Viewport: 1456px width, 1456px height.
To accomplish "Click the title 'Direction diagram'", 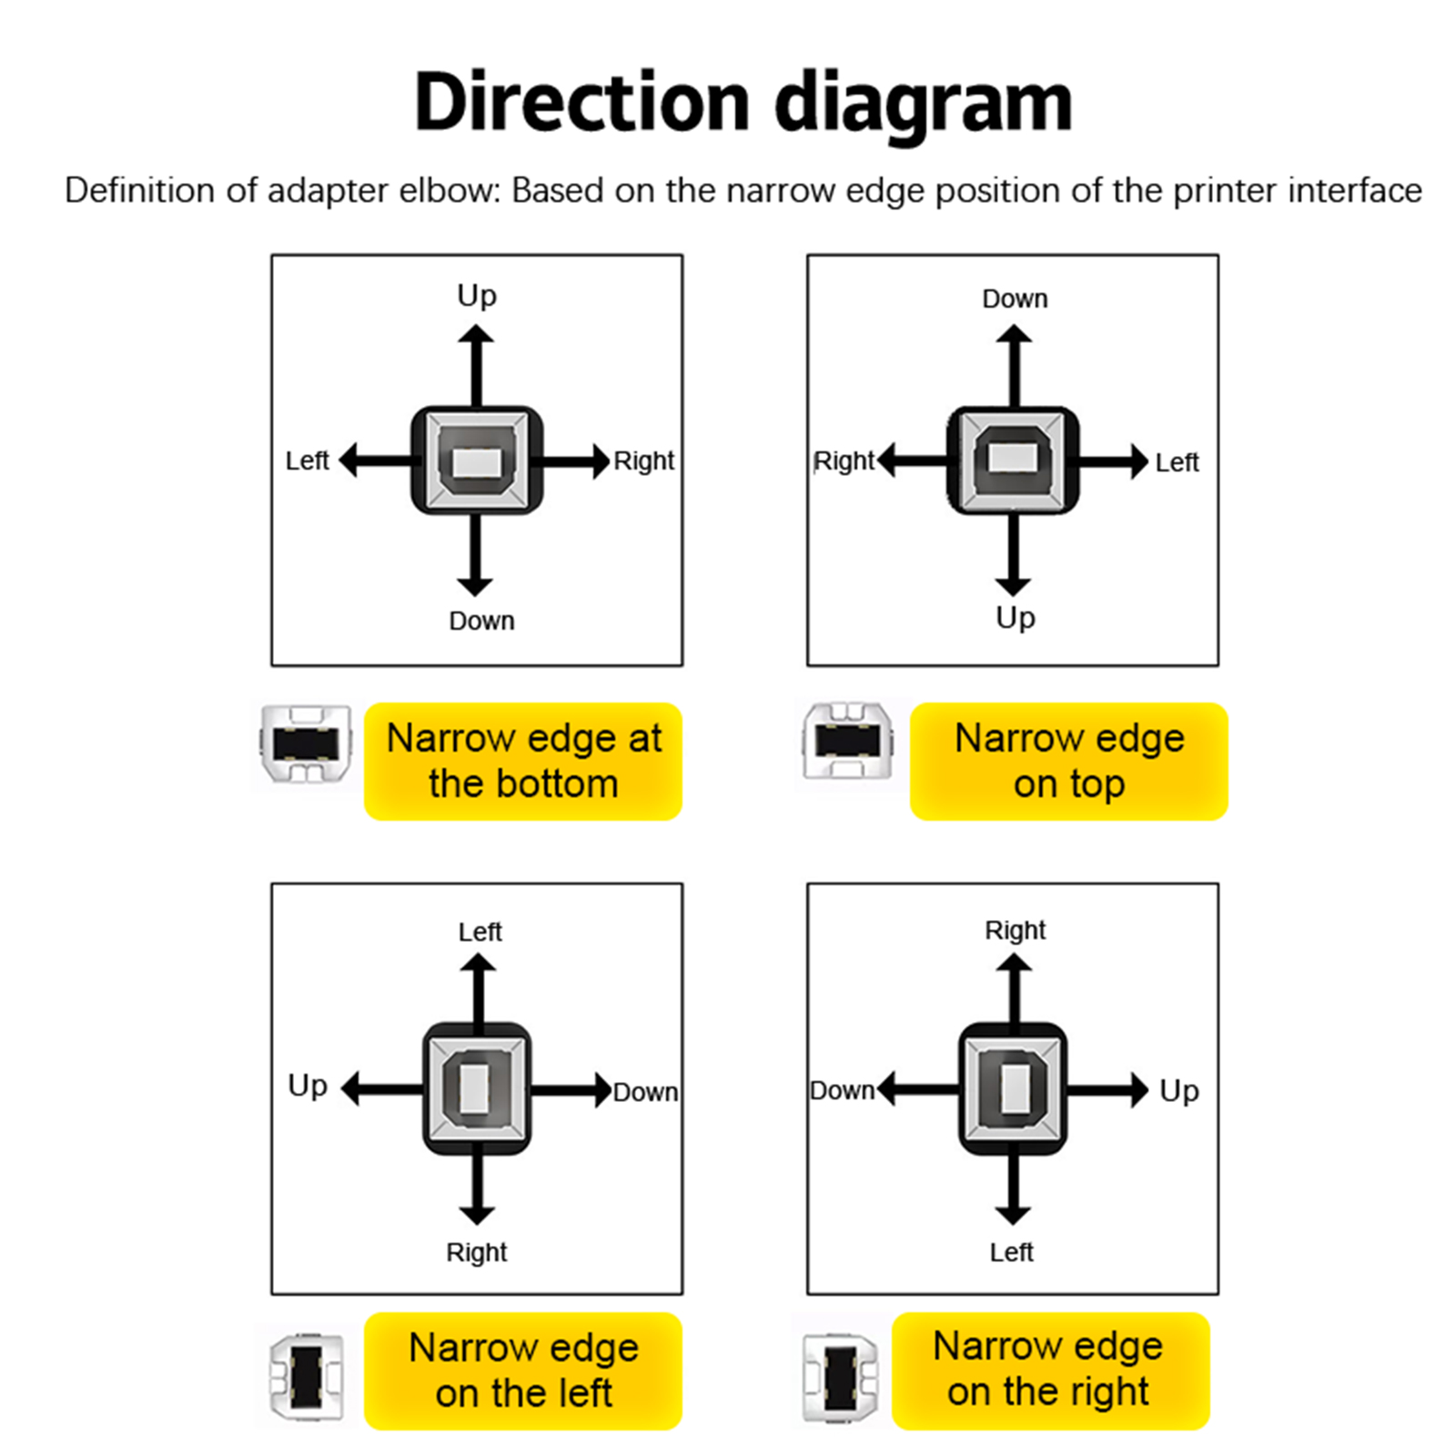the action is tap(743, 103).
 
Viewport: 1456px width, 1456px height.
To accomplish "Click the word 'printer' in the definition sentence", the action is tap(1226, 190).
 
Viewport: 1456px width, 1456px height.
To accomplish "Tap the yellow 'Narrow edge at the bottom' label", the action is tap(523, 761).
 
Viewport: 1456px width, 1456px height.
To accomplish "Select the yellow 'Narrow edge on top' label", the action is tap(1069, 761).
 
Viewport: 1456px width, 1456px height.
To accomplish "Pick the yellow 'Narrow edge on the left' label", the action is tap(523, 1370).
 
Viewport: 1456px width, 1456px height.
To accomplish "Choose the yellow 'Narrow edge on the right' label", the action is tap(1050, 1370).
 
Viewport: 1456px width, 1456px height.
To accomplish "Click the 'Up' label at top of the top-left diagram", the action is tap(477, 297).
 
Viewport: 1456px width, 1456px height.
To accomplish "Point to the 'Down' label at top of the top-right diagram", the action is tap(1015, 298).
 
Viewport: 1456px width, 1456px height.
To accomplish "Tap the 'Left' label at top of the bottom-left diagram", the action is tap(480, 931).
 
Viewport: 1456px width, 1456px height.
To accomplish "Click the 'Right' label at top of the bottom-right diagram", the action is tap(1015, 930).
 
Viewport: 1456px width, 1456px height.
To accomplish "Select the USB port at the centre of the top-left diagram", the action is tap(477, 460).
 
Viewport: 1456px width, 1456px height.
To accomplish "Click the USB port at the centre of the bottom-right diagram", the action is tap(1013, 1088).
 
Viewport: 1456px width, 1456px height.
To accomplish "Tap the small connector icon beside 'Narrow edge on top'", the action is tap(847, 741).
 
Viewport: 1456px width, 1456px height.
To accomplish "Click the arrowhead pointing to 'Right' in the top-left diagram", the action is tap(600, 461).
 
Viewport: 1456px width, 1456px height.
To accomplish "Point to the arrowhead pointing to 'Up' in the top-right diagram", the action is tap(1013, 586).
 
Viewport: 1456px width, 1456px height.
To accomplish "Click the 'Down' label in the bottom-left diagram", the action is tap(645, 1092).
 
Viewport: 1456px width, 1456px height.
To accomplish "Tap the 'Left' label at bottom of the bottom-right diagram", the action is tap(1011, 1252).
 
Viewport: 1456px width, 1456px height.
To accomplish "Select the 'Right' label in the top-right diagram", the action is tap(844, 462).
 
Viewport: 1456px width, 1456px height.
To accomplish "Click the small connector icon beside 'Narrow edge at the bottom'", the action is tap(306, 743).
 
